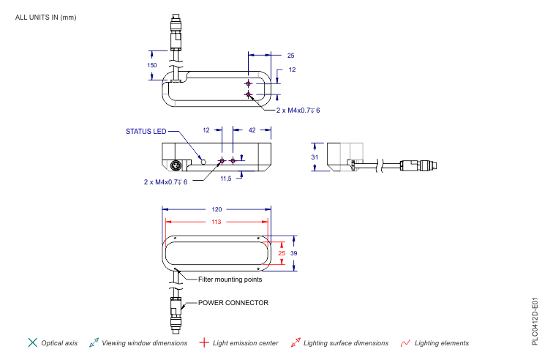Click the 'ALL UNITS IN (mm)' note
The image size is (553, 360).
coord(45,17)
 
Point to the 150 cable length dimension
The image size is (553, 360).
coord(152,65)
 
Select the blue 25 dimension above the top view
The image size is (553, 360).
coord(290,56)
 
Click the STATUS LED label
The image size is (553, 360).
coord(146,132)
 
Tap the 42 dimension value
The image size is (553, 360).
coord(252,130)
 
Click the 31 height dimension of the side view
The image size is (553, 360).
coord(315,157)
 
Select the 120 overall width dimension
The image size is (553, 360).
coord(217,209)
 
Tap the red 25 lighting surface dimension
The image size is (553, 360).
coord(282,252)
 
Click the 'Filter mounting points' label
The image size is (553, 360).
coord(230,279)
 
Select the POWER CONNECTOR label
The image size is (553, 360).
coord(233,302)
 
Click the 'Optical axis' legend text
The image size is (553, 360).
coord(59,342)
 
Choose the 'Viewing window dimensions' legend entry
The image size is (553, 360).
coord(144,342)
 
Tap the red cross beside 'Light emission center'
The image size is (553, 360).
coord(205,342)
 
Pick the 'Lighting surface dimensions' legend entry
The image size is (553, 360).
coord(345,342)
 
